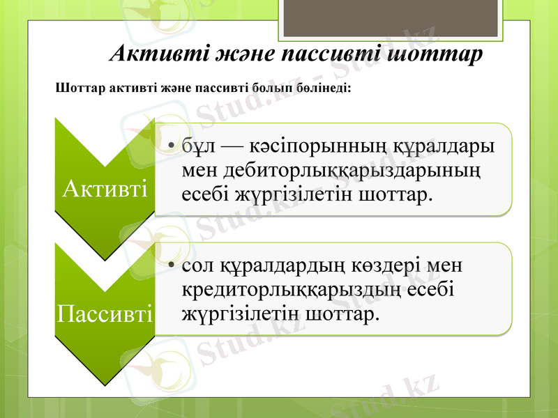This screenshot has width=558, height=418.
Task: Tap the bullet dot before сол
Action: coord(172,267)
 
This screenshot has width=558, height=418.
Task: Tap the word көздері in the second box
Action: coord(392,267)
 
